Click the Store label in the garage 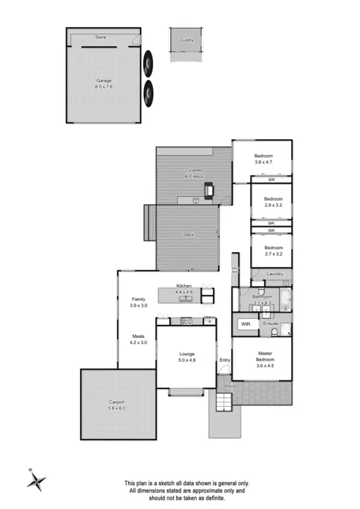(100, 37)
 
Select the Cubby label (186, 40)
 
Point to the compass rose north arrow (36, 479)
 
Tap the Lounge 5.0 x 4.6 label (186, 358)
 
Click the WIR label (245, 325)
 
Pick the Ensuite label (270, 324)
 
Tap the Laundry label (274, 274)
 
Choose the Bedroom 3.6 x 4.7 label (263, 158)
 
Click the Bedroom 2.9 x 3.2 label (273, 202)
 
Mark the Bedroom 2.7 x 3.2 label (273, 250)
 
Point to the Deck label (188, 234)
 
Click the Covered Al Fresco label (194, 174)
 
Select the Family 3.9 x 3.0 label (139, 302)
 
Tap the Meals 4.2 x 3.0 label (138, 339)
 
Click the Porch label (230, 386)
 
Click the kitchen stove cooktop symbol (186, 321)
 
